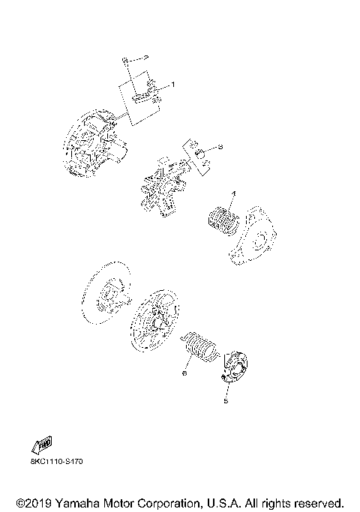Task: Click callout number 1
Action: pyautogui.click(x=172, y=85)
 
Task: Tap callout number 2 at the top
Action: pyautogui.click(x=146, y=57)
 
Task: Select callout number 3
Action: pyautogui.click(x=220, y=147)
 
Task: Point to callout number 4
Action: pyautogui.click(x=233, y=194)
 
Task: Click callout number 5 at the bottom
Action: pyautogui.click(x=226, y=401)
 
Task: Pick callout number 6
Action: pyautogui.click(x=184, y=370)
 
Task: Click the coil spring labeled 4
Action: pyautogui.click(x=223, y=220)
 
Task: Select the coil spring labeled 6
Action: pyautogui.click(x=201, y=347)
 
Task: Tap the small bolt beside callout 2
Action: pyautogui.click(x=128, y=58)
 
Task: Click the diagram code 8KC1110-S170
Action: pyautogui.click(x=57, y=462)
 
